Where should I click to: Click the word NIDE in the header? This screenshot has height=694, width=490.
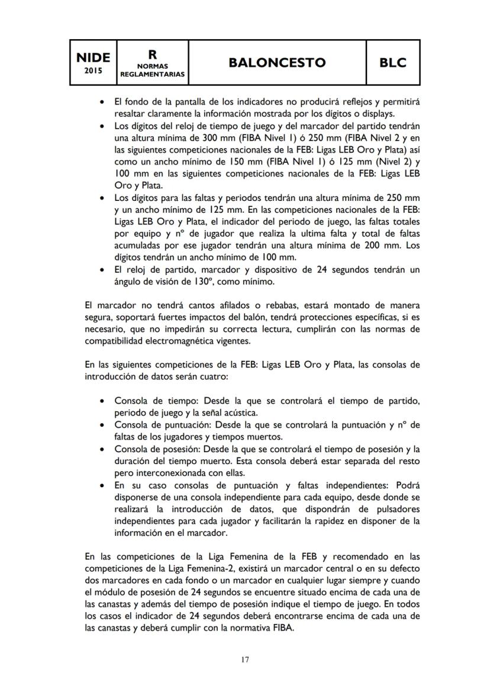(x=93, y=57)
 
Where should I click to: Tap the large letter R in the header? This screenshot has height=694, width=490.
(x=152, y=54)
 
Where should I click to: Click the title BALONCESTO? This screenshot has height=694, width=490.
(x=278, y=62)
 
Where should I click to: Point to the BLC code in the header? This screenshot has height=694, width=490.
(x=393, y=62)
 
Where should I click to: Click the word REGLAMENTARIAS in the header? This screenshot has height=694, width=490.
(x=152, y=75)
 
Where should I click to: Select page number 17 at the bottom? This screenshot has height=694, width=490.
(x=245, y=660)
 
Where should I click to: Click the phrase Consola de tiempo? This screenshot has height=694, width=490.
(x=150, y=401)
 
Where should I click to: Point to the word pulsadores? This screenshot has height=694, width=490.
(x=392, y=509)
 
